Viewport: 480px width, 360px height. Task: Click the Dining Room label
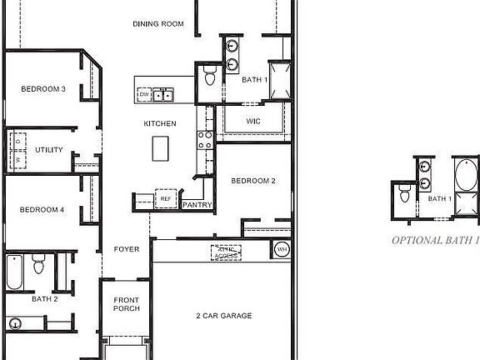click(x=158, y=24)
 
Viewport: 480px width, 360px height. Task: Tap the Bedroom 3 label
click(x=43, y=89)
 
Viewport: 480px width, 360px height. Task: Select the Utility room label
click(x=48, y=150)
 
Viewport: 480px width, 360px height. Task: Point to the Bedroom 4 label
click(x=42, y=210)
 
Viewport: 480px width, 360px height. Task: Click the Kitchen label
click(x=160, y=124)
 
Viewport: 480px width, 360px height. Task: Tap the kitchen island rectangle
click(x=161, y=148)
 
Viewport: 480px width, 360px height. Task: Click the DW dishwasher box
click(x=144, y=96)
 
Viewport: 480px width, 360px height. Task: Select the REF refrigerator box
click(x=165, y=200)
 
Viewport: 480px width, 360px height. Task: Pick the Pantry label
click(x=197, y=204)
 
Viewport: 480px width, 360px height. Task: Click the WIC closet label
click(x=254, y=122)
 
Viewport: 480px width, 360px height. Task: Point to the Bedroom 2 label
click(x=253, y=181)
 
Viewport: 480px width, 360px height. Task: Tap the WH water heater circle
click(x=281, y=249)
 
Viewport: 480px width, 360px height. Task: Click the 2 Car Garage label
click(x=223, y=316)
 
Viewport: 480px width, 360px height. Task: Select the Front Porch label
click(x=126, y=304)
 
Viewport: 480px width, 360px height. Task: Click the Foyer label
click(x=127, y=249)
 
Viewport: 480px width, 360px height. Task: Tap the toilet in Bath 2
click(x=38, y=265)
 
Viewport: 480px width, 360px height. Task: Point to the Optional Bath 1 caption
click(x=435, y=240)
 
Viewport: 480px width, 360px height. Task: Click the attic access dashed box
click(x=227, y=252)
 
